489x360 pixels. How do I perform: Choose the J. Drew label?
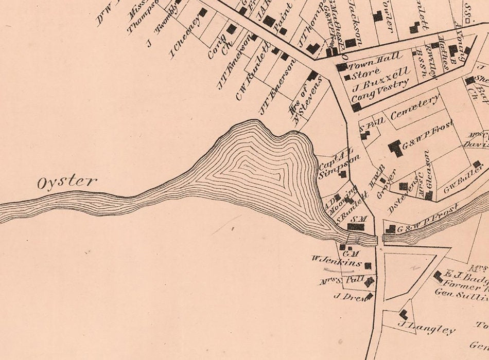point(348,296)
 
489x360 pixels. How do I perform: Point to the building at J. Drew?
point(369,296)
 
